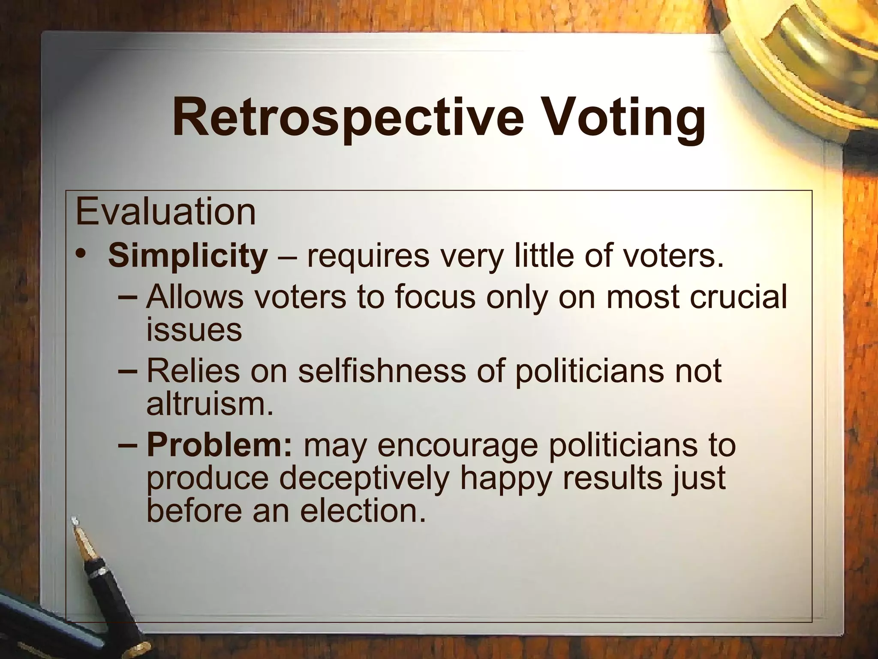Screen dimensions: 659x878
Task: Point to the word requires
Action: click(x=368, y=256)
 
